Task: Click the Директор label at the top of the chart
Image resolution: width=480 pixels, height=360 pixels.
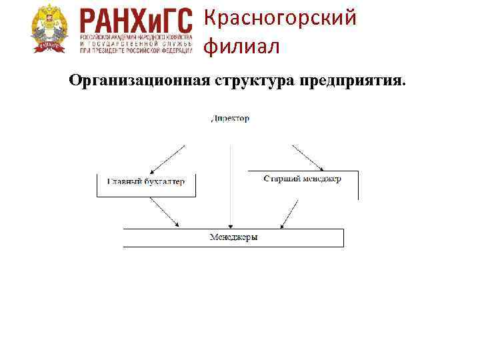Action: (230, 119)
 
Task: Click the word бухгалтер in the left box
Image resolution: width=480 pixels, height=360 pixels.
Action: (165, 181)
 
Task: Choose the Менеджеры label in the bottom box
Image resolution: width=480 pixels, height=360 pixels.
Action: (233, 237)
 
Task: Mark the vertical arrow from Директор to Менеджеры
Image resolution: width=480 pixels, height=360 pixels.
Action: (230, 187)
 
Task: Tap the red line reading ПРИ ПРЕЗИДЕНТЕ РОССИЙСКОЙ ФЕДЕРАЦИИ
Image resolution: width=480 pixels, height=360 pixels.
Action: (135, 48)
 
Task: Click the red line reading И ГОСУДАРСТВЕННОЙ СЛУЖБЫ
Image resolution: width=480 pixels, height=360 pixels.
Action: (135, 42)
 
